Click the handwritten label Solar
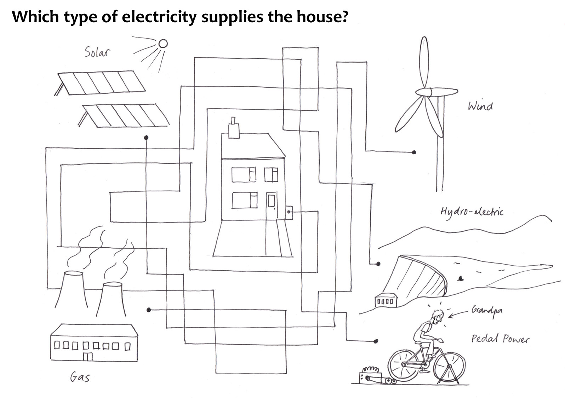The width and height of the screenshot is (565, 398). [x=97, y=52]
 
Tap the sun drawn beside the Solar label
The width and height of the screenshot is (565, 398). [x=163, y=43]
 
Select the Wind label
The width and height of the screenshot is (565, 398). [x=480, y=106]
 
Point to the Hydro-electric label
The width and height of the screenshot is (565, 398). [x=472, y=212]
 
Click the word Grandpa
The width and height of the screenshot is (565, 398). [x=487, y=311]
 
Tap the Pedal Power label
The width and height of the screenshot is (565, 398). [x=500, y=339]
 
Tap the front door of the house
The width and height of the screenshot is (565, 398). [x=272, y=206]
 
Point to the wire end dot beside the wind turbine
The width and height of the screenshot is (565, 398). [x=414, y=152]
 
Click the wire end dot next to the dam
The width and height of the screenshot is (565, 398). [x=378, y=264]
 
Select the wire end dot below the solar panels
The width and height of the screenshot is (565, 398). [x=146, y=138]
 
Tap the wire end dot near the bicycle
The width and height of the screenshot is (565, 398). [x=376, y=341]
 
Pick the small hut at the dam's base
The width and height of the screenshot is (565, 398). [x=384, y=301]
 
